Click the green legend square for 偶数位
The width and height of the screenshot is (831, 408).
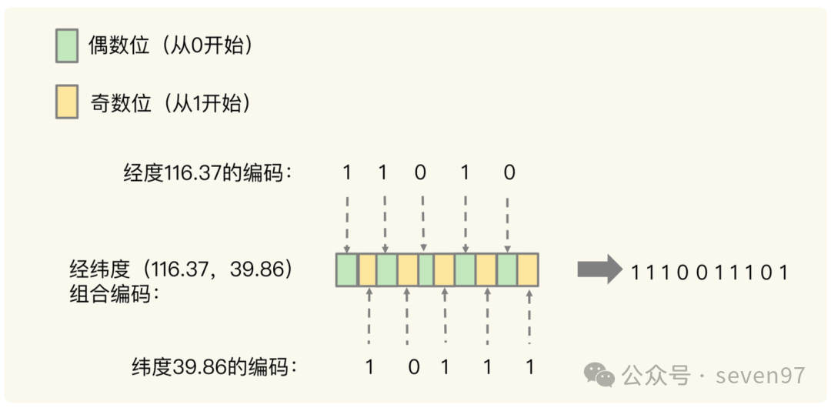tap(67, 45)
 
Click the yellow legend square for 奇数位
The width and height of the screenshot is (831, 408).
tap(67, 103)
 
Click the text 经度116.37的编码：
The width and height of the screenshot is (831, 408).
tap(209, 172)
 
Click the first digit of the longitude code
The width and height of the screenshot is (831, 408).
tap(347, 172)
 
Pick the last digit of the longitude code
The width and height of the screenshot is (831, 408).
tap(509, 172)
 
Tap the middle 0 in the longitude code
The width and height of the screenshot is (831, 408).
tap(421, 172)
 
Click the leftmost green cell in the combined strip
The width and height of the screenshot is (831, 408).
tap(347, 270)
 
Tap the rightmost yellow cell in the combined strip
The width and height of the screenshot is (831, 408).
tap(527, 270)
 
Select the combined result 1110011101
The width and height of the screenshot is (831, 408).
tap(709, 272)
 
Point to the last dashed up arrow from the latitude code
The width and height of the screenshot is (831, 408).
tap(529, 316)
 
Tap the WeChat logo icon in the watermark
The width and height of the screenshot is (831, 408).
tap(600, 374)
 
